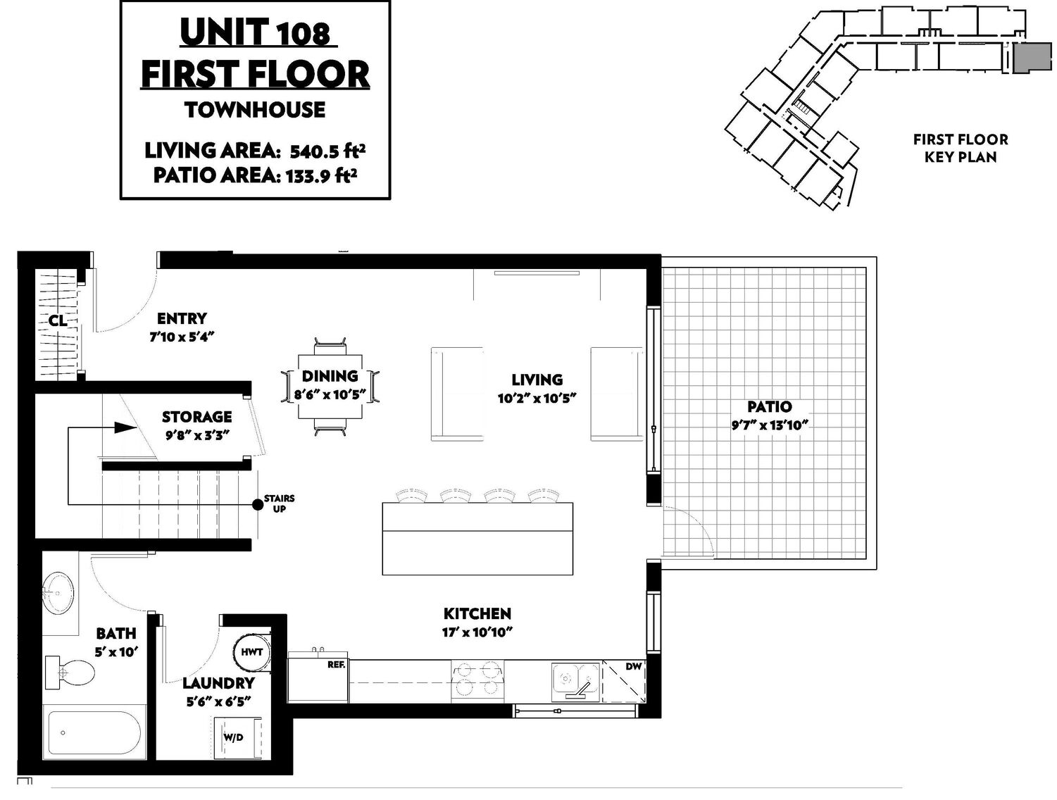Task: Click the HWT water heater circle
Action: click(251, 652)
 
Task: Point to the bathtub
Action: click(95, 732)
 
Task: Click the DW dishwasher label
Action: click(633, 667)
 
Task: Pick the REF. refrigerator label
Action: click(336, 665)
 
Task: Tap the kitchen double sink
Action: click(575, 682)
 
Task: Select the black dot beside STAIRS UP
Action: click(258, 504)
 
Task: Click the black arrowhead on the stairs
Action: click(126, 427)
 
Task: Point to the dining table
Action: click(330, 387)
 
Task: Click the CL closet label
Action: click(58, 320)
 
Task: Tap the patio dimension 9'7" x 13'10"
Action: click(769, 425)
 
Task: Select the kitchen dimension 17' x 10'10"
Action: click(477, 632)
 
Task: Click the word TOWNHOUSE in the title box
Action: click(255, 110)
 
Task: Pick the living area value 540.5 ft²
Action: click(327, 151)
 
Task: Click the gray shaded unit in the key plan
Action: click(1032, 58)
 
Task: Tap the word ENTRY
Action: click(182, 318)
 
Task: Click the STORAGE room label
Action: click(196, 417)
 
